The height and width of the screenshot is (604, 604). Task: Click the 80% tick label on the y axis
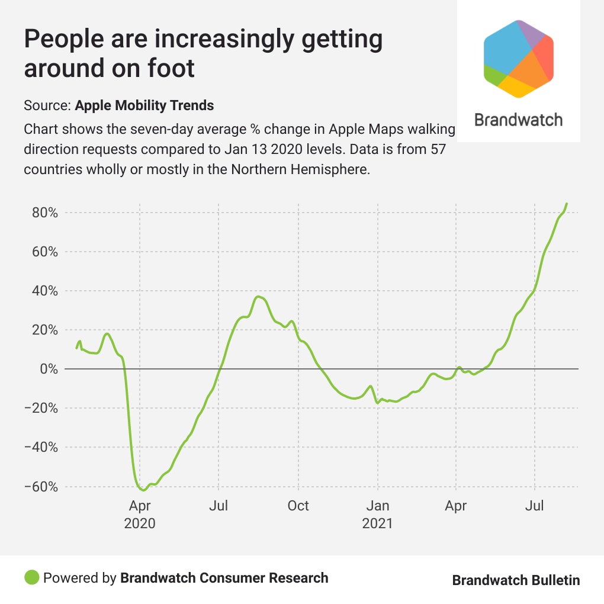point(44,213)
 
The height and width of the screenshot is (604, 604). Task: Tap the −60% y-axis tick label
point(41,487)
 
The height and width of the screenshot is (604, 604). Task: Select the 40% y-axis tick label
point(44,291)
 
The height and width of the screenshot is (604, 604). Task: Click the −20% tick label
point(41,408)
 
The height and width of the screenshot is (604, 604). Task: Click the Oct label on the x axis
point(298,506)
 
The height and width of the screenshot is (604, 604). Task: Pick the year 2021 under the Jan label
point(377,524)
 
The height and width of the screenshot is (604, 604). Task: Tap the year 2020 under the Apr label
point(140,524)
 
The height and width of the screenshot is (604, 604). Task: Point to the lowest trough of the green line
point(143,490)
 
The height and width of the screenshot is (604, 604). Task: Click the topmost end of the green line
point(567,204)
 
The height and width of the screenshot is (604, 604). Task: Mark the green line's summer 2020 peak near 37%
point(258,297)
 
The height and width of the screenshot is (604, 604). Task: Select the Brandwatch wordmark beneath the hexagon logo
point(519,120)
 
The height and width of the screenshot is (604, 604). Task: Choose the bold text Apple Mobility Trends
point(144,106)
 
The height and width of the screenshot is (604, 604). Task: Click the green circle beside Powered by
point(32,577)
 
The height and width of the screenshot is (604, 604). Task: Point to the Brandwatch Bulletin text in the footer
point(516,580)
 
